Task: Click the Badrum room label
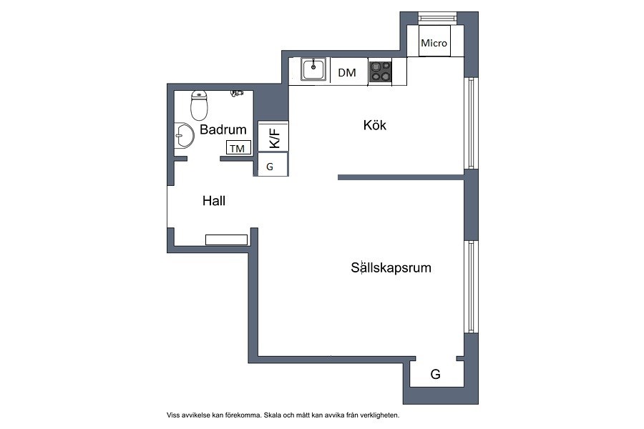(x=223, y=129)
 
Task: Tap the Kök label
(x=374, y=125)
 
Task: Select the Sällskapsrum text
(x=391, y=267)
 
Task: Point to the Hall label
(x=214, y=201)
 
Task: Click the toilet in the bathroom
(x=199, y=105)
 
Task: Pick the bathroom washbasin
(x=184, y=135)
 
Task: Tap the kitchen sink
(x=313, y=69)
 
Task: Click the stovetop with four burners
(x=380, y=71)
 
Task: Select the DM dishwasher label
(x=346, y=73)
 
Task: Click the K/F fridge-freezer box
(x=273, y=137)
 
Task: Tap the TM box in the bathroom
(x=238, y=148)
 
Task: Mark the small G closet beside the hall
(x=272, y=164)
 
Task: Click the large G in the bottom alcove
(x=435, y=374)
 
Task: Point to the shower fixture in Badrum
(x=237, y=93)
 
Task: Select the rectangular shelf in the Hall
(x=226, y=240)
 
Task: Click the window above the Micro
(x=437, y=18)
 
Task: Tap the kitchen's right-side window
(x=471, y=123)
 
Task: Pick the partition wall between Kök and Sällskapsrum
(x=401, y=177)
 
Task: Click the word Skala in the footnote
(x=273, y=415)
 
